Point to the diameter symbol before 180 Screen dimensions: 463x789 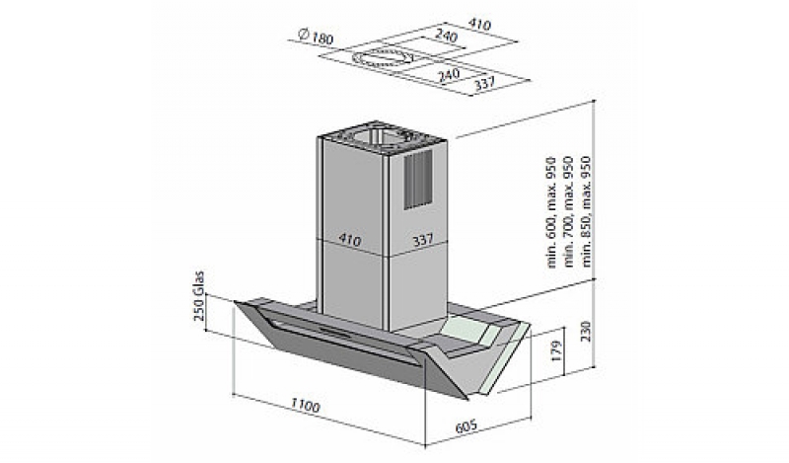point(298,39)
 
